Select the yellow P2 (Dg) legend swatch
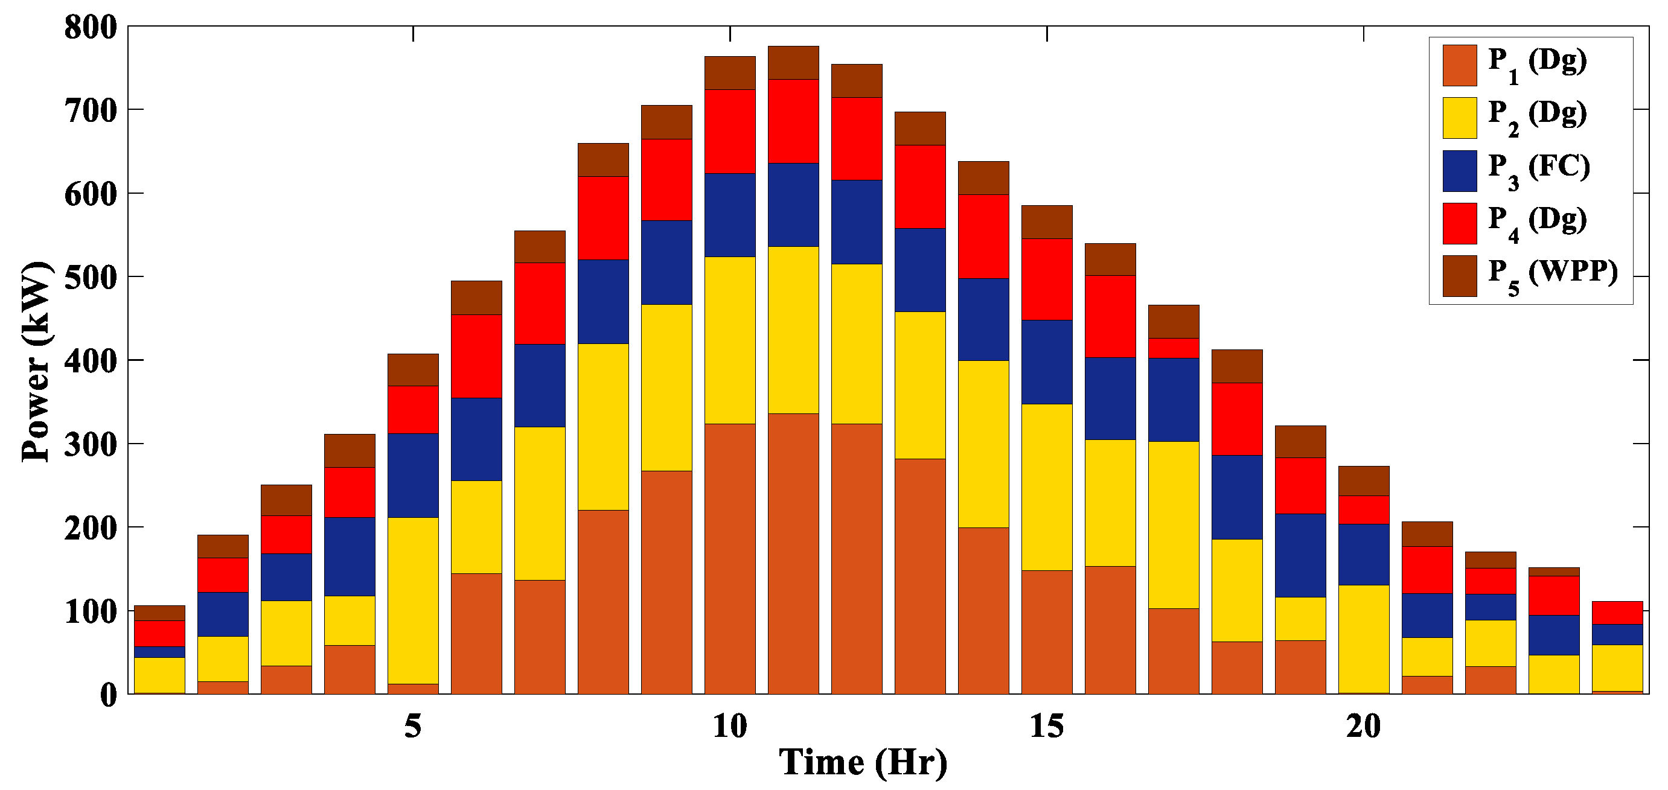1460,118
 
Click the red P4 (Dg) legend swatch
1460,223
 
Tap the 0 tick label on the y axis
109,695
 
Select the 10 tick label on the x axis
730,727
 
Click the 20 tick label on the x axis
1363,727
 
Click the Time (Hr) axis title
863,762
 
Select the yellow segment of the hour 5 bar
413,600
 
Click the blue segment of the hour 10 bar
730,215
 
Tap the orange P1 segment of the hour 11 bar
793,553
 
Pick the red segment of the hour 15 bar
1046,279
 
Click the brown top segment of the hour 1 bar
159,613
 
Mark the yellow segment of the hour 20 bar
1363,639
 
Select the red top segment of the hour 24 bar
1617,613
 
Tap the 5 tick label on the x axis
413,727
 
